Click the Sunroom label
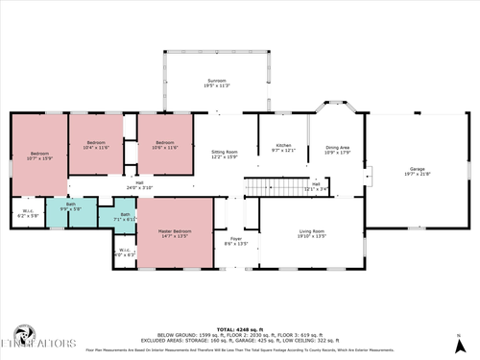point(215,83)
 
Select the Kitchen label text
point(283,148)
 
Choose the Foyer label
point(235,241)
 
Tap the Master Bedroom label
point(175,233)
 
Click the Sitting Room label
point(225,154)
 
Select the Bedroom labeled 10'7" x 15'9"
point(39,156)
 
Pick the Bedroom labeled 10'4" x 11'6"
point(97,145)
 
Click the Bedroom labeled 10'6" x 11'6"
point(165,145)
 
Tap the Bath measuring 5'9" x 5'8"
point(71,206)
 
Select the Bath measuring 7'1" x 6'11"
point(125,216)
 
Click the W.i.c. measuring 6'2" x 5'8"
point(28,214)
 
